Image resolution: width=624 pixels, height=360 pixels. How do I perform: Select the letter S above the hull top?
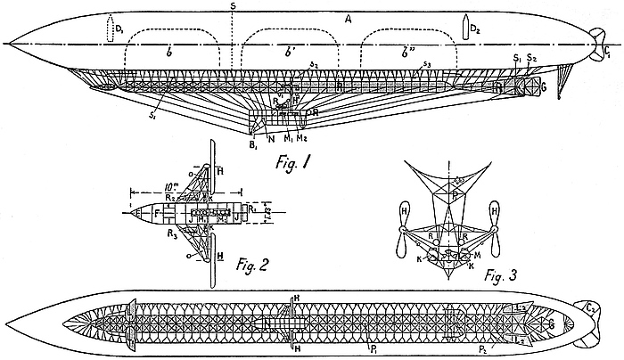pos(233,6)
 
